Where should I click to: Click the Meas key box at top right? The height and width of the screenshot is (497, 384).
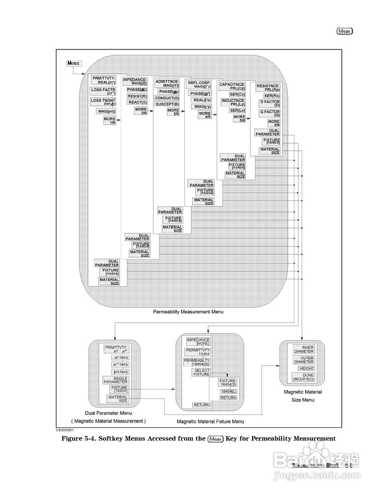click(x=344, y=31)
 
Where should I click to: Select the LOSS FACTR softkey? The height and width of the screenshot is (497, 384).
click(x=103, y=91)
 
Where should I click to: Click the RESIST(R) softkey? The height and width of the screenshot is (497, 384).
click(x=137, y=96)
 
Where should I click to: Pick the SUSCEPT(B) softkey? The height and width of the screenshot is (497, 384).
click(x=167, y=104)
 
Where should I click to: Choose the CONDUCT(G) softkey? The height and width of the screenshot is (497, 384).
click(x=167, y=98)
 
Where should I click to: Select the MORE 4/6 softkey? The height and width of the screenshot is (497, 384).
click(x=205, y=115)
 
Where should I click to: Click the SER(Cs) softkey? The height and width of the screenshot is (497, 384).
click(x=237, y=94)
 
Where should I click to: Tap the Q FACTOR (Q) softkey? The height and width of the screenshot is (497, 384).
click(x=269, y=113)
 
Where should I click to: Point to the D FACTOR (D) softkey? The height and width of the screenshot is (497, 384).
click(x=269, y=103)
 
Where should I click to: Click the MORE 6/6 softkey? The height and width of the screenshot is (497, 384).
click(x=274, y=123)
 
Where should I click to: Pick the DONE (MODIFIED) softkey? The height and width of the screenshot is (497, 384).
click(x=303, y=377)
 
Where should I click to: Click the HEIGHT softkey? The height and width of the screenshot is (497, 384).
click(x=306, y=368)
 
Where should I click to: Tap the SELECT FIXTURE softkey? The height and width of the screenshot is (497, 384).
click(x=201, y=372)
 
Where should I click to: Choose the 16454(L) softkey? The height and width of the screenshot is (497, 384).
click(x=228, y=391)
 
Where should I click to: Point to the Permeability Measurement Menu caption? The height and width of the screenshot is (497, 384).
click(x=188, y=312)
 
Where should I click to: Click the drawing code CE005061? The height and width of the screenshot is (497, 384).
click(x=65, y=430)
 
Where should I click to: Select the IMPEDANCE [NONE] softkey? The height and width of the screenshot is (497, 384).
click(x=198, y=342)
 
